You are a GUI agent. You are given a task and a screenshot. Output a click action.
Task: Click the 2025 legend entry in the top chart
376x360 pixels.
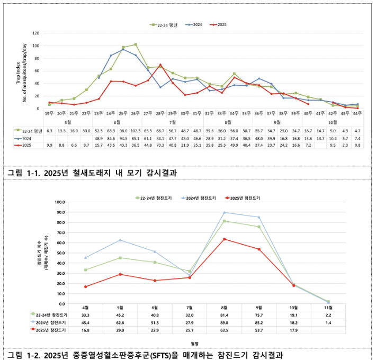coord(218,25)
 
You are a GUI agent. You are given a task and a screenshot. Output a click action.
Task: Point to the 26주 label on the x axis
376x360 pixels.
coord(135,113)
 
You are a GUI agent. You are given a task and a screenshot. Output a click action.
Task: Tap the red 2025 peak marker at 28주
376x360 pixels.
coord(160,65)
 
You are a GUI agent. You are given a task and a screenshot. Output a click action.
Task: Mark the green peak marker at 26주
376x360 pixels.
coord(135,44)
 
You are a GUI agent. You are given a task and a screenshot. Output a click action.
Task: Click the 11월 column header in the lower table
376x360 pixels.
coord(328,308)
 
